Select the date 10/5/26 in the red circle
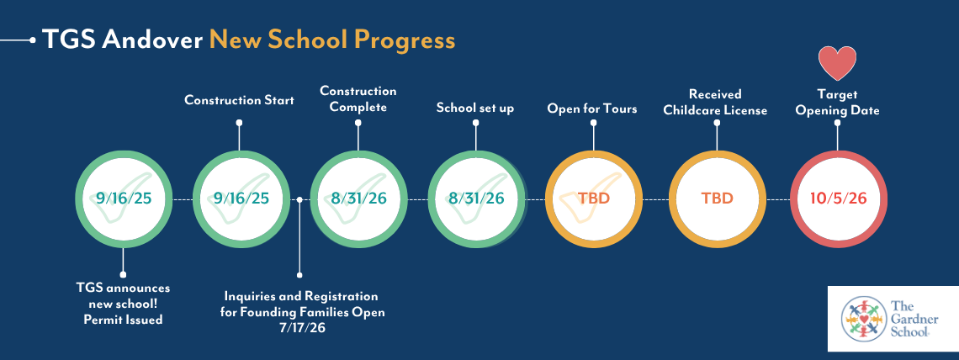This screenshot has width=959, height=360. click(839, 199)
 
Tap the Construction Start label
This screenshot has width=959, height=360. click(239, 99)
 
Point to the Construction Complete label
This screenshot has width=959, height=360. click(358, 99)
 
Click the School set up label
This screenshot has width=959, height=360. click(475, 109)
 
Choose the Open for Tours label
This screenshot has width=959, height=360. click(592, 109)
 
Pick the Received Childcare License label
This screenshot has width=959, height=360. click(715, 102)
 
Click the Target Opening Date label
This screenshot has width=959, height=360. click(837, 102)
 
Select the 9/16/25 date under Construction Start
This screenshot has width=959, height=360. click(241, 199)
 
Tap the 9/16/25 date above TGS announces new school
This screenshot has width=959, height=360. click(123, 199)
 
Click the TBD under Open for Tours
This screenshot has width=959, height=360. click(594, 199)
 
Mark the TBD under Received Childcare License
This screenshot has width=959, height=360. click(717, 199)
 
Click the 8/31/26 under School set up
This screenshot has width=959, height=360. click(476, 199)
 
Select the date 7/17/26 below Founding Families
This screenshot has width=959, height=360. click(300, 328)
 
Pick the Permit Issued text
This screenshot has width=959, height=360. click(123, 319)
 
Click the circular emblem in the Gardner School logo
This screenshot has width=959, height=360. click(863, 319)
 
